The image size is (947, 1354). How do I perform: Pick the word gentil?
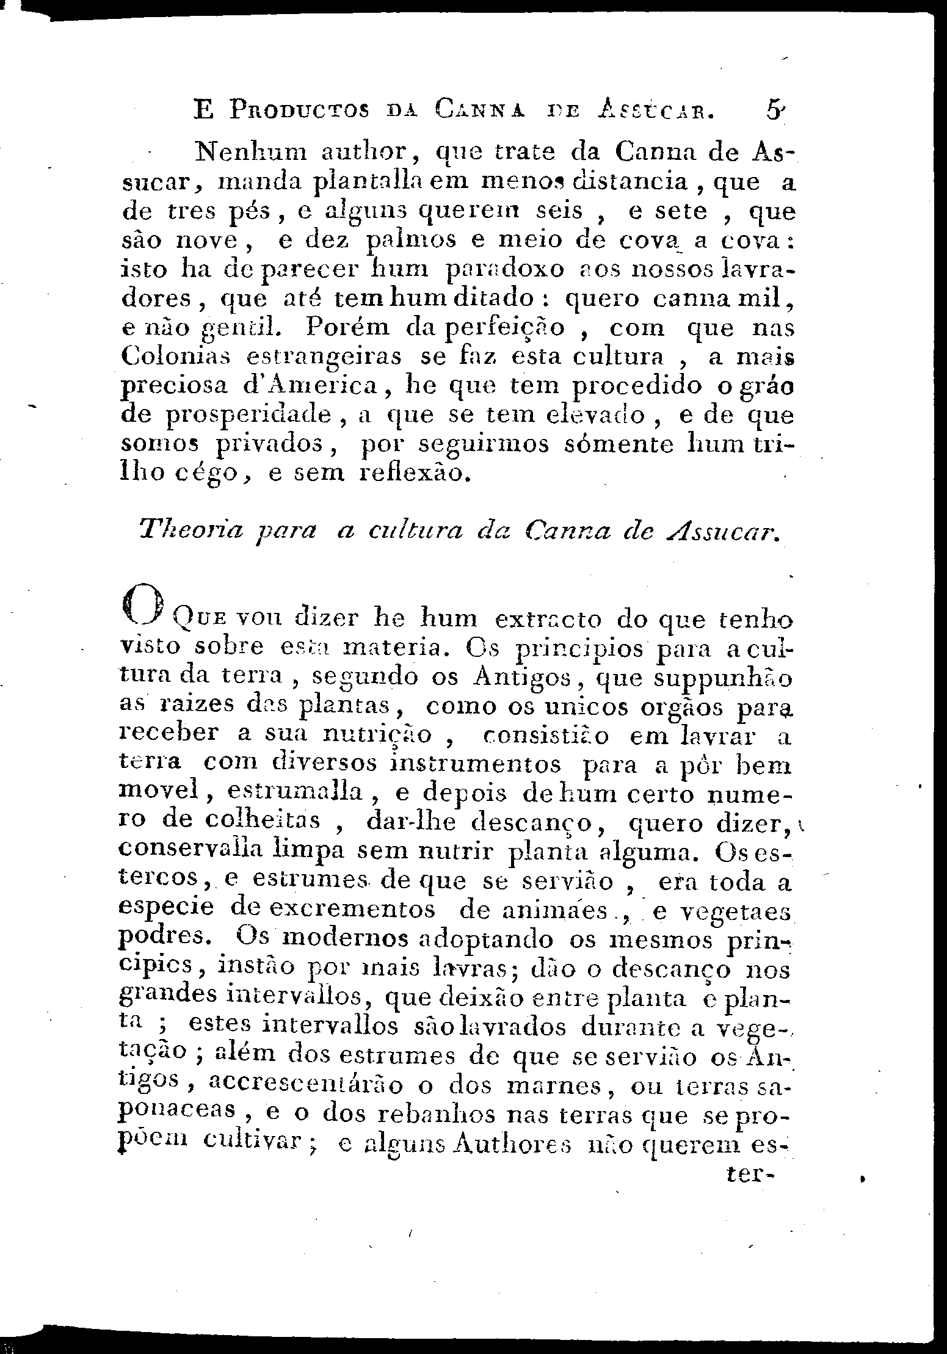point(241,329)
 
